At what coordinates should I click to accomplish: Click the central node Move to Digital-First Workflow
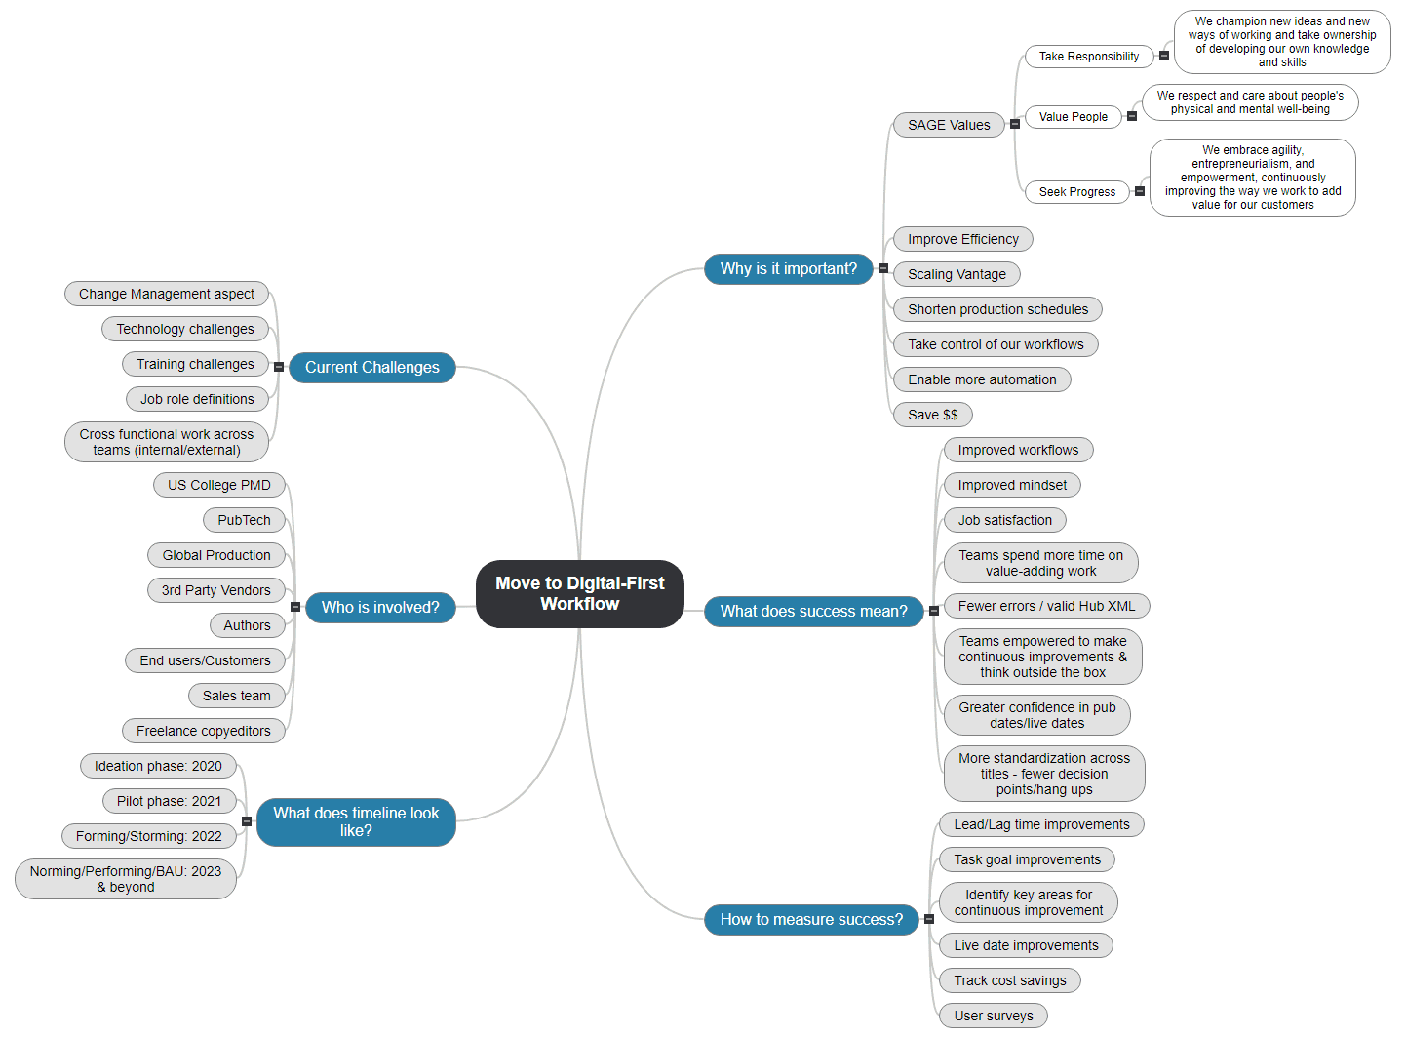579,593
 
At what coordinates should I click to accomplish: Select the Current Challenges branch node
371,367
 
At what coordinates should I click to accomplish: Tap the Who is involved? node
380,607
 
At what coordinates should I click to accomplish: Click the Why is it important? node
788,268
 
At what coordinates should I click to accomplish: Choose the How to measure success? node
811,919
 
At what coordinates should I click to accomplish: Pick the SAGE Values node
948,125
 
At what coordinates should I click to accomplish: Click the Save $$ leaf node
932,415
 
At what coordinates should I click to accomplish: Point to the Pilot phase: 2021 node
169,801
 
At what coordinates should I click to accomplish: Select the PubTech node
244,520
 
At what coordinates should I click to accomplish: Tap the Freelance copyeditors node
203,731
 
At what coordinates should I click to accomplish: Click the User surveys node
993,1016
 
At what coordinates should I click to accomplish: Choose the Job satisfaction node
1004,520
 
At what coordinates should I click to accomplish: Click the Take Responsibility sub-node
1088,57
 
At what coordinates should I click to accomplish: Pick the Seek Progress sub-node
1076,192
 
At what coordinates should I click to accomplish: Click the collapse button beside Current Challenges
279,367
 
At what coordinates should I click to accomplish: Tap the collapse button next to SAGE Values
1015,124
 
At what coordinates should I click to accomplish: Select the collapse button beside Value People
1132,116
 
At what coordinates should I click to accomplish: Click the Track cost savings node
1009,980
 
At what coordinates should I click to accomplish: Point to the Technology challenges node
184,329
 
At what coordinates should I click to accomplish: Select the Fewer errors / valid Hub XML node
1046,606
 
